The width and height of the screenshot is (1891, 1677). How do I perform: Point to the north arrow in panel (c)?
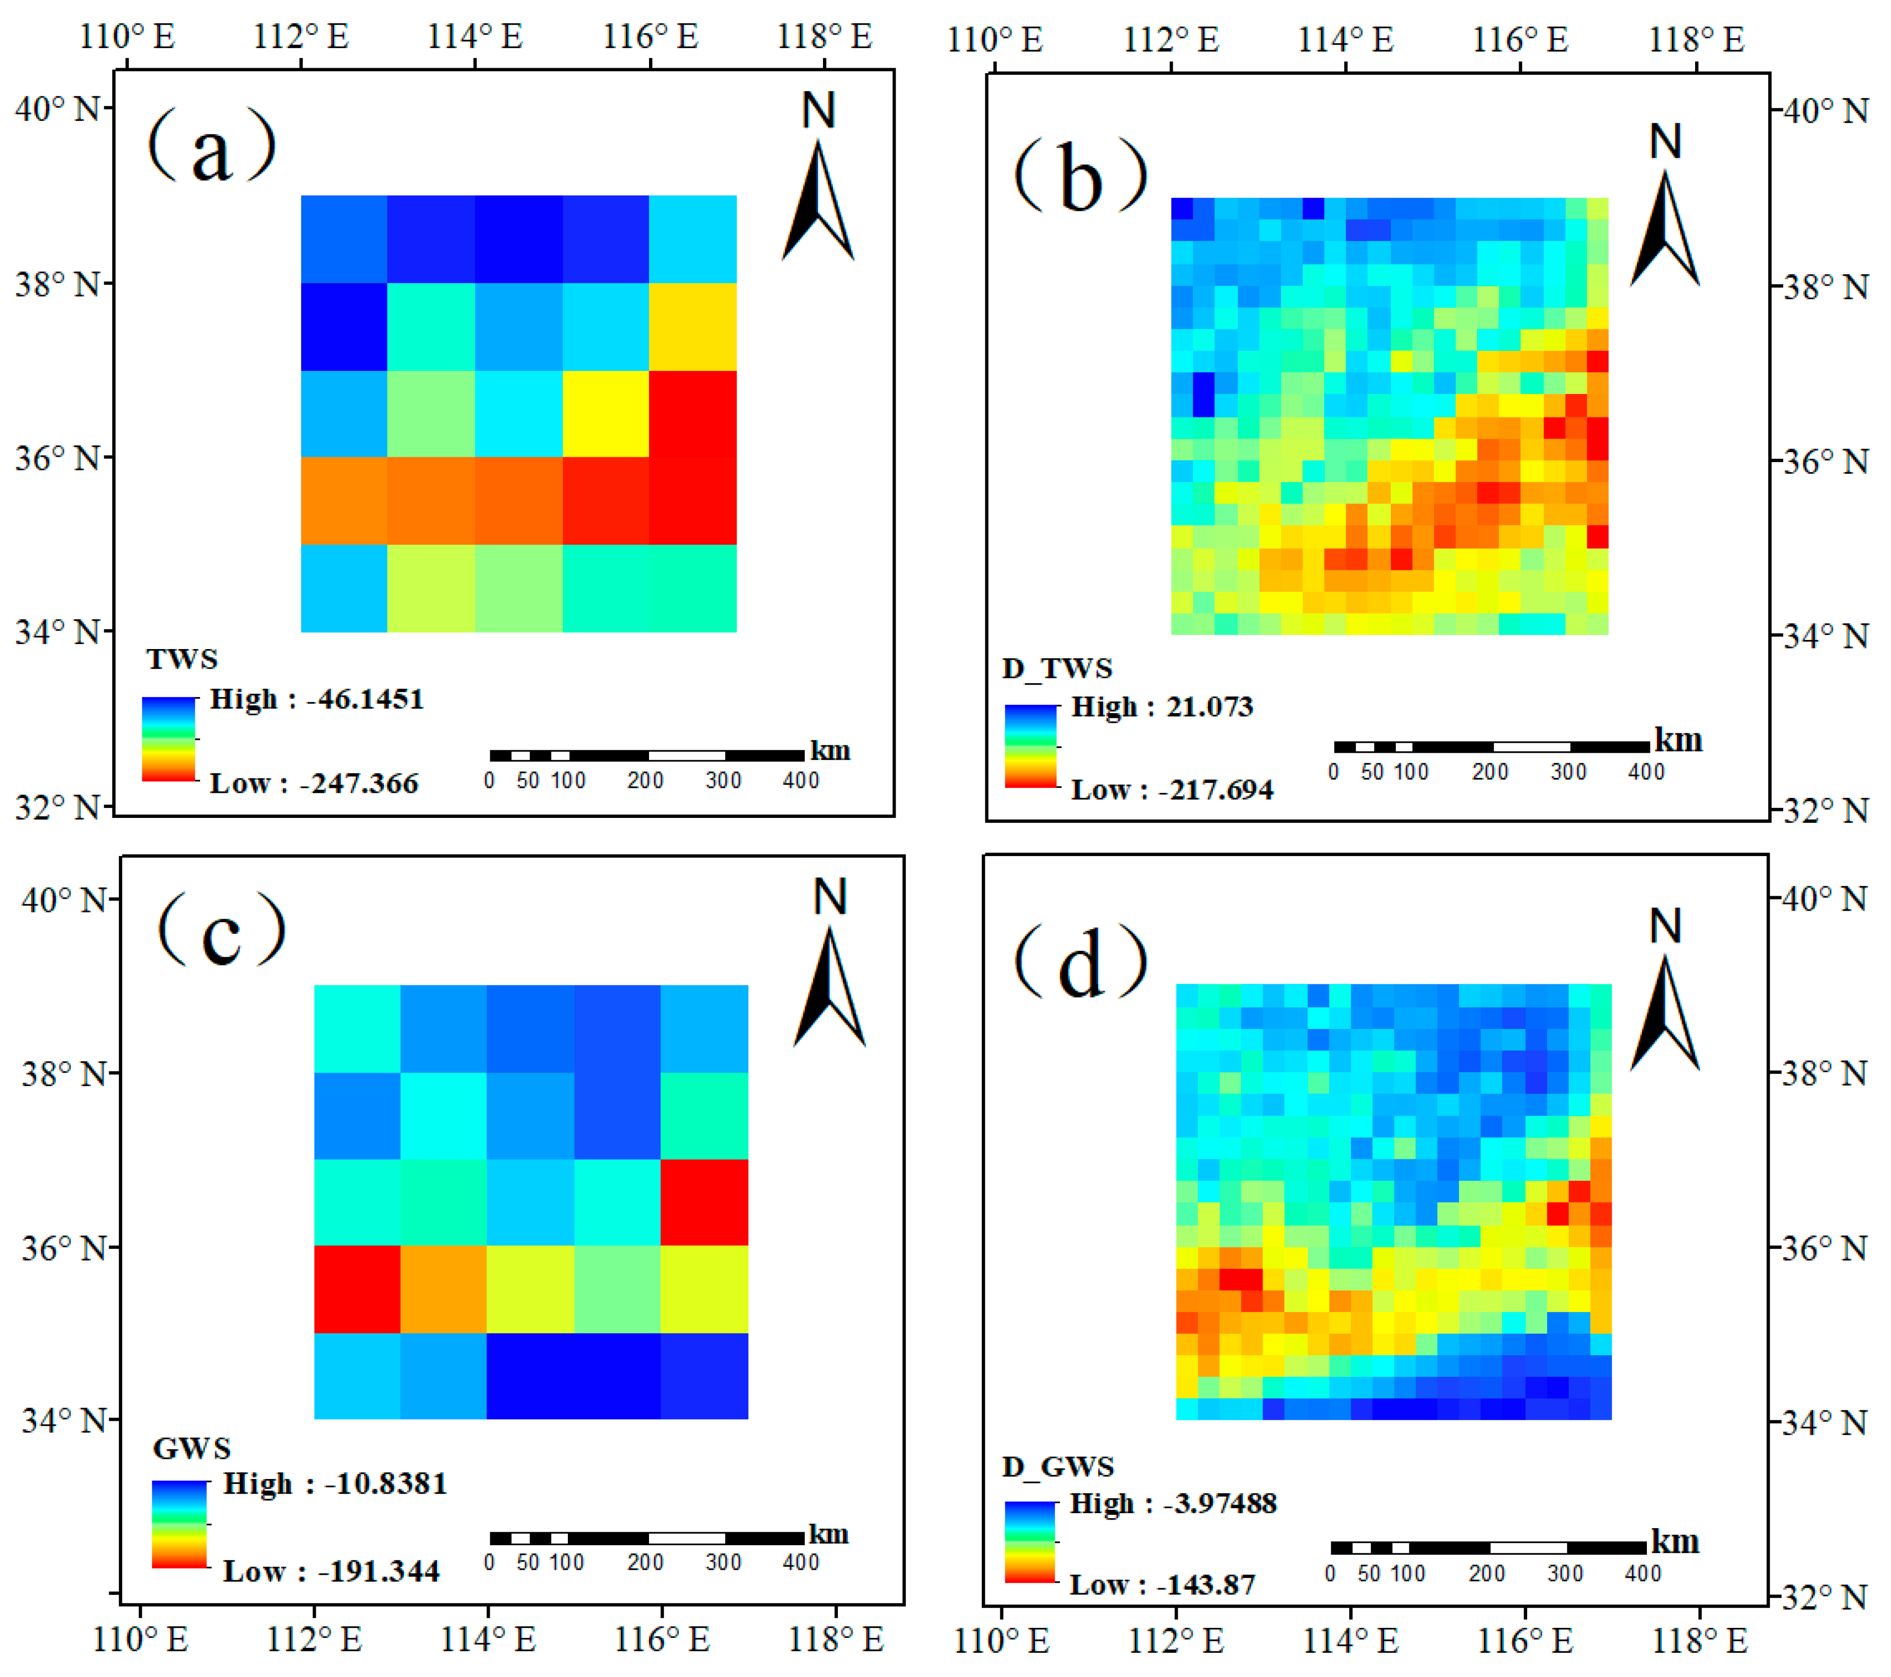tap(830, 986)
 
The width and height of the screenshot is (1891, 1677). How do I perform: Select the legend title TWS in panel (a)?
tap(182, 660)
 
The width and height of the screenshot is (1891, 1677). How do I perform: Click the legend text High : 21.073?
tap(1162, 708)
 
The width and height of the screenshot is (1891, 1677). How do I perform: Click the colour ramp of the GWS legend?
tap(179, 1524)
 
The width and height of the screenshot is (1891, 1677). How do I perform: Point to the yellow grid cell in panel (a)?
tap(605, 413)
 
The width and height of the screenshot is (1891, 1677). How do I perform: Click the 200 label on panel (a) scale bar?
tap(645, 781)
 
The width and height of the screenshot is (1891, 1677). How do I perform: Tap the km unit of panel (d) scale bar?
tap(1674, 1542)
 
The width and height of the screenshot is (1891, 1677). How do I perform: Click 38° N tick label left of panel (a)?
tap(57, 284)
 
